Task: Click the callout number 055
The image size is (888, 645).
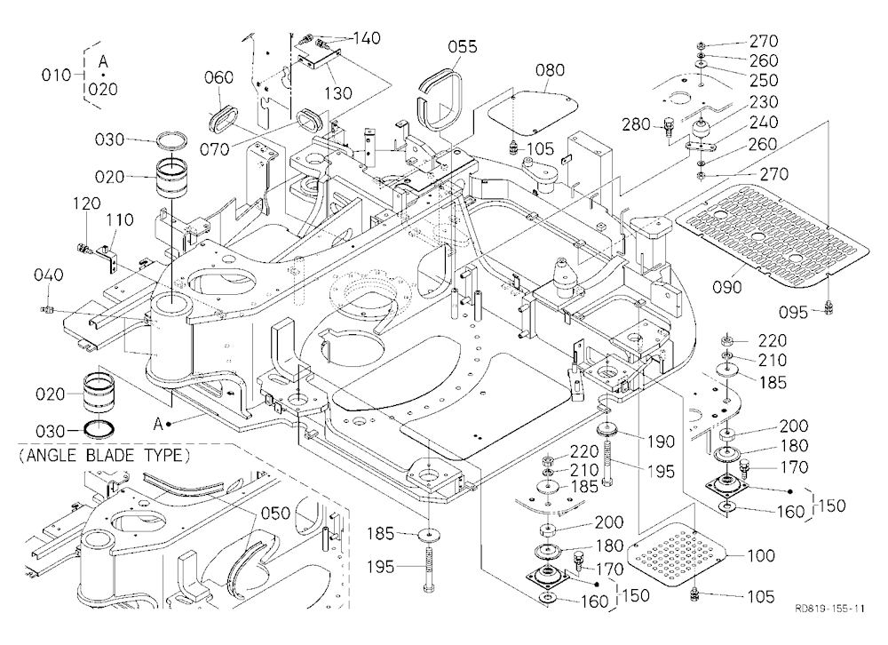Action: click(x=463, y=46)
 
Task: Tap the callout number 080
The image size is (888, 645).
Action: click(x=550, y=69)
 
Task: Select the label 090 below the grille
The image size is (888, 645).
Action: click(x=727, y=287)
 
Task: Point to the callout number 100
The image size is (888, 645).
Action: click(x=760, y=555)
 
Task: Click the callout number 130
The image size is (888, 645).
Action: click(x=338, y=92)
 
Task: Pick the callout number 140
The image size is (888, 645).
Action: click(x=367, y=38)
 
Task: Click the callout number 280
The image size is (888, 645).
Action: click(x=637, y=123)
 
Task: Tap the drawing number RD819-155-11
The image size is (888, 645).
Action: click(x=829, y=609)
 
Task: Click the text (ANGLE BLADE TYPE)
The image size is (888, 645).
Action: click(x=105, y=455)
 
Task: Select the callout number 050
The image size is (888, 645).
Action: click(x=275, y=513)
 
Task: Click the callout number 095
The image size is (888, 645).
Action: click(x=793, y=312)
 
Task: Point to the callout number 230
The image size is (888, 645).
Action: click(x=764, y=102)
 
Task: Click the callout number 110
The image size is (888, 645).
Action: click(x=120, y=220)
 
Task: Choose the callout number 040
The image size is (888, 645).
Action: click(x=48, y=275)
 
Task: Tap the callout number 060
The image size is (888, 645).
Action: click(x=218, y=77)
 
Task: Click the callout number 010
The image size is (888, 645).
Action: click(x=55, y=75)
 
